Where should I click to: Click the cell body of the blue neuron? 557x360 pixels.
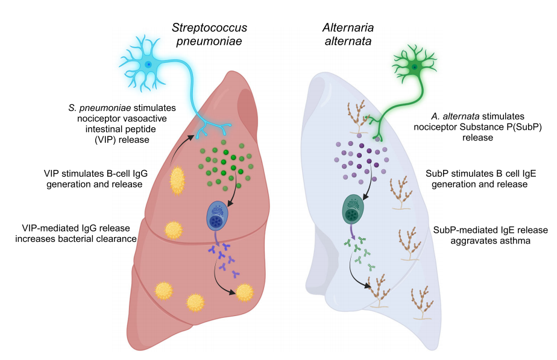coord(148,65)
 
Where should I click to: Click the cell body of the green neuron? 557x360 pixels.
coord(414,67)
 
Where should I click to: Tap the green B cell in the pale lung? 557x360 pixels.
coord(353,209)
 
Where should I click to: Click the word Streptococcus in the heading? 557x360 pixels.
coord(209,28)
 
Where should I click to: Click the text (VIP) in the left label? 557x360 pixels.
coord(105,140)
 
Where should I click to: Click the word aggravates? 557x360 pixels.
coord(467,241)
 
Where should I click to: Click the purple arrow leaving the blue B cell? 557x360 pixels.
coord(216,237)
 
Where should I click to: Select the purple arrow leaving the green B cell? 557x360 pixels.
coord(352,231)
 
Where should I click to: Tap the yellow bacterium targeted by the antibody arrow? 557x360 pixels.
coord(245,292)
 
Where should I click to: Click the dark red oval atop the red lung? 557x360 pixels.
coord(247,110)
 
